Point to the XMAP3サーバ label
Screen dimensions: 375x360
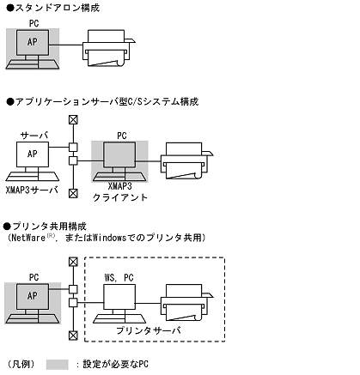coord(32,186)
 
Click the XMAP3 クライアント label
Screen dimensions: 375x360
coord(119,191)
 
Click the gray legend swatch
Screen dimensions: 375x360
coord(57,364)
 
